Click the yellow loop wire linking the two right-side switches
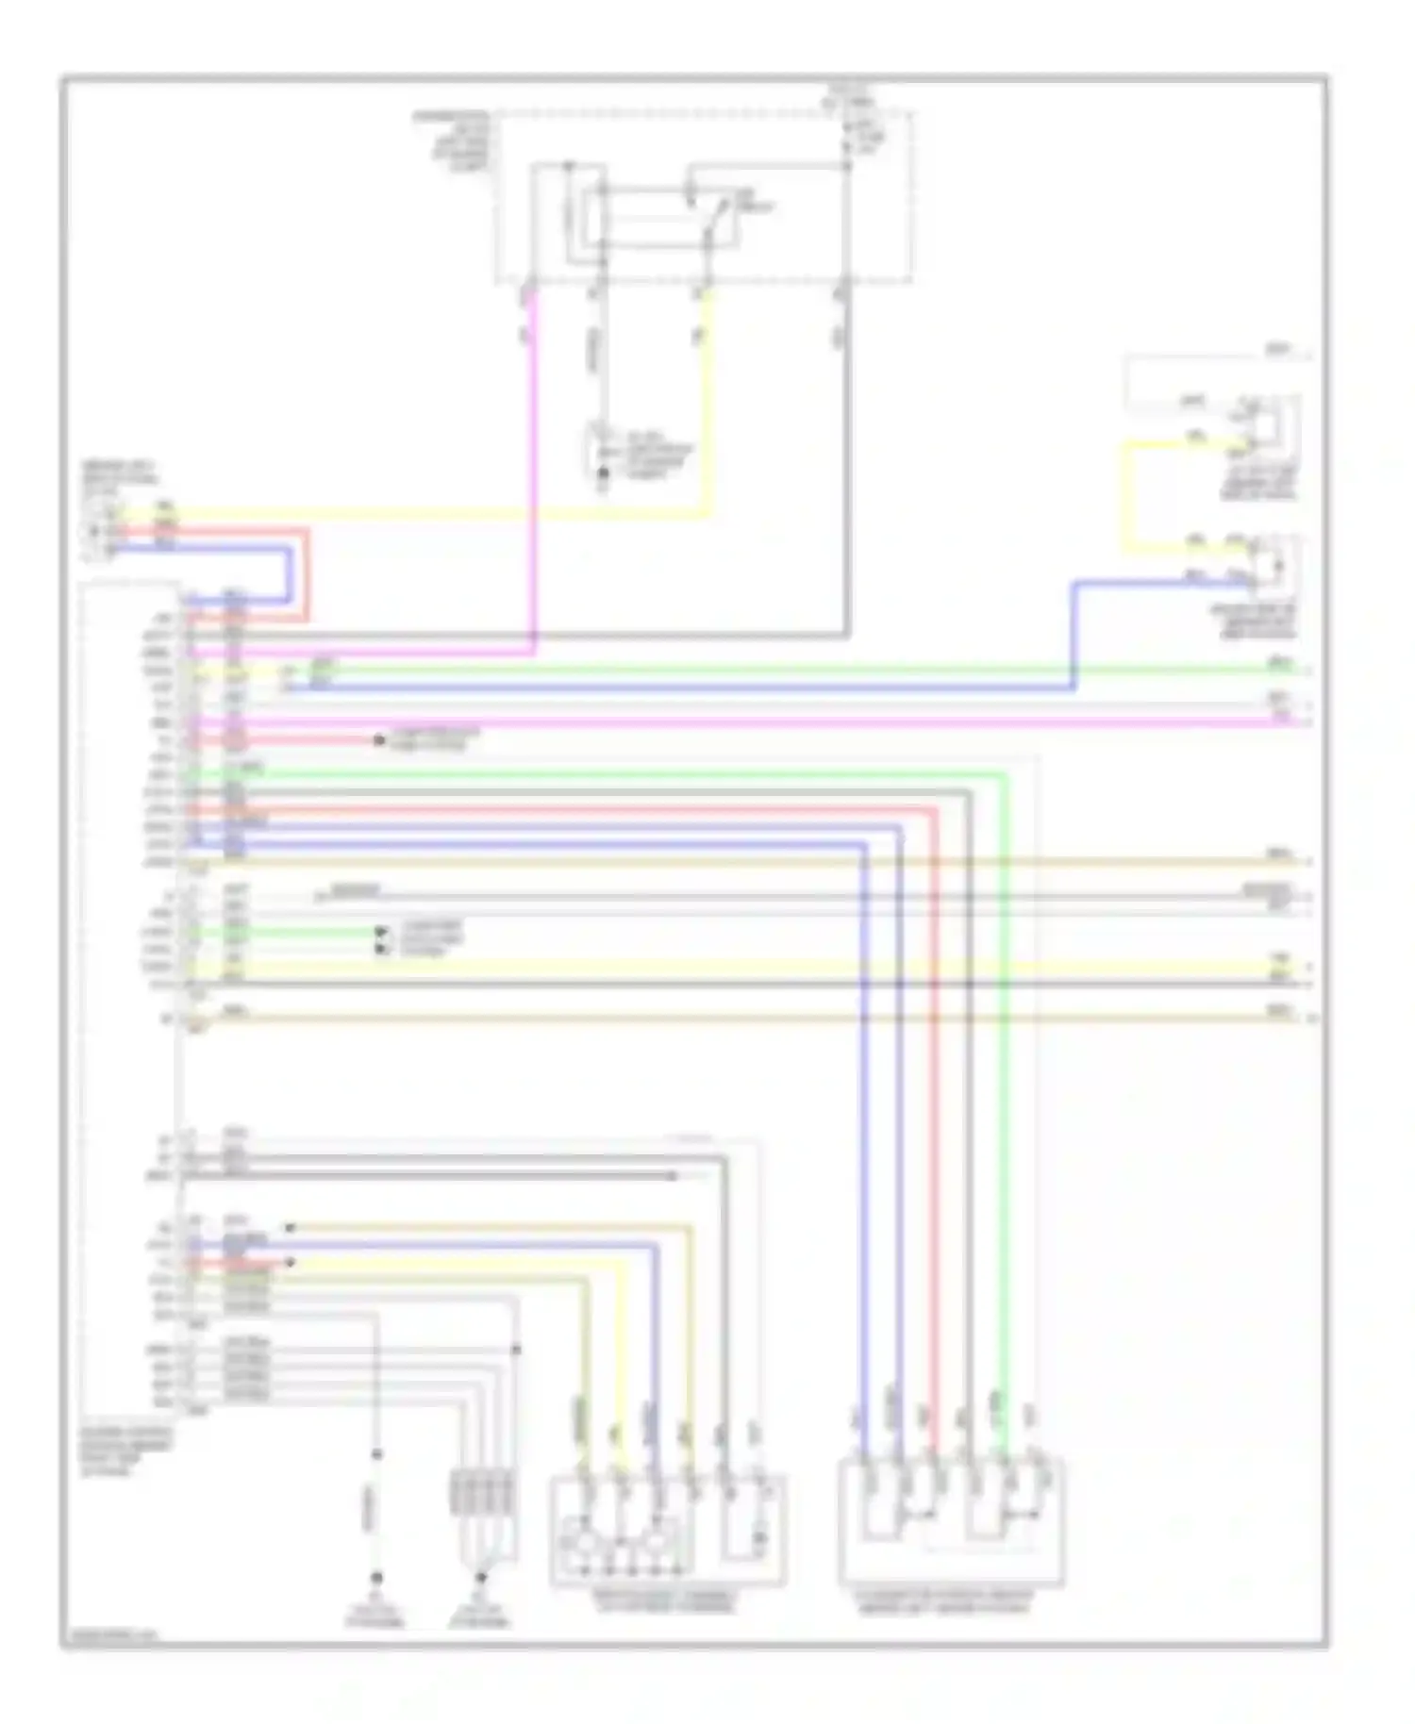(1125, 495)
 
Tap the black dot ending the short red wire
(379, 741)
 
